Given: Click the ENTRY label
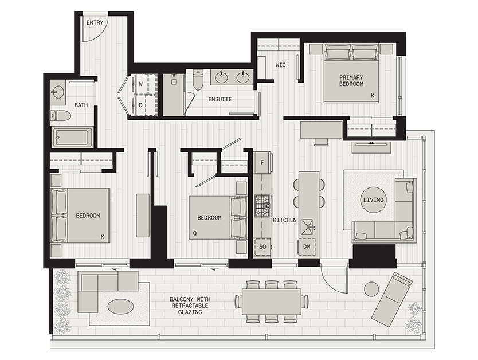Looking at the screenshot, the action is click(95, 22).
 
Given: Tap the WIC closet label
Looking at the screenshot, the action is click(280, 65).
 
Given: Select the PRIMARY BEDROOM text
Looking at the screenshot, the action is click(351, 80).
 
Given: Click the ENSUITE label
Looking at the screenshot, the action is click(220, 99).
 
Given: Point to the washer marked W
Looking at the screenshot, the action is click(144, 84).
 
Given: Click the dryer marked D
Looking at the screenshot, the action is click(144, 105).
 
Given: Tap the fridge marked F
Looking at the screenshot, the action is click(262, 162).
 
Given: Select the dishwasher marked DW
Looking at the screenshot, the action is click(307, 246).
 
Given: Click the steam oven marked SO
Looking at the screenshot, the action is click(262, 246).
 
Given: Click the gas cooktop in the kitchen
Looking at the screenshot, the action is click(262, 206).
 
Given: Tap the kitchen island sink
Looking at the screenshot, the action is click(307, 227).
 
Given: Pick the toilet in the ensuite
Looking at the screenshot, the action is click(198, 80).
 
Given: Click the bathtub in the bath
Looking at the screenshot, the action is click(73, 137).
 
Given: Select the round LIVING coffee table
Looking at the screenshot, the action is click(374, 200).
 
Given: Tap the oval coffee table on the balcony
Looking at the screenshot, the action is click(121, 306).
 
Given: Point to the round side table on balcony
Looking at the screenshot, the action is click(371, 289).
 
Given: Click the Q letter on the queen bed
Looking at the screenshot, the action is click(195, 233).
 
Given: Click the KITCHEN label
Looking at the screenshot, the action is click(285, 220).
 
